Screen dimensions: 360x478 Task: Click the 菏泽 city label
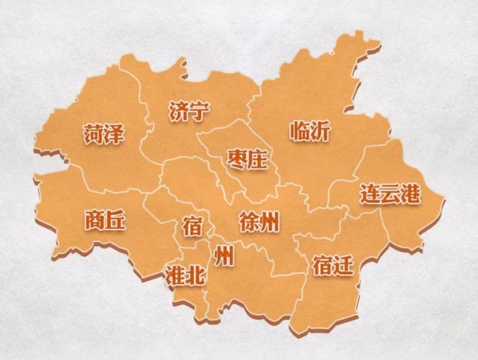pyautogui.click(x=104, y=135)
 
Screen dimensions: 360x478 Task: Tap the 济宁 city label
pyautogui.click(x=189, y=113)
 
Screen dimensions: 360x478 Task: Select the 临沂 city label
pyautogui.click(x=309, y=131)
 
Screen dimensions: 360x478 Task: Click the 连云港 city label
pyautogui.click(x=390, y=195)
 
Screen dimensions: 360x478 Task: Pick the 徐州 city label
pyautogui.click(x=260, y=221)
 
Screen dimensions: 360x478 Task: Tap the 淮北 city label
pyautogui.click(x=183, y=275)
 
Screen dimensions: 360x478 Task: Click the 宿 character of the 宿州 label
pyautogui.click(x=192, y=226)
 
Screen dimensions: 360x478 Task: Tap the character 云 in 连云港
pyautogui.click(x=390, y=195)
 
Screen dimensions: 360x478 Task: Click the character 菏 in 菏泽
pyautogui.click(x=93, y=135)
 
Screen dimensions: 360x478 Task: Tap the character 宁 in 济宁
pyautogui.click(x=200, y=113)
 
